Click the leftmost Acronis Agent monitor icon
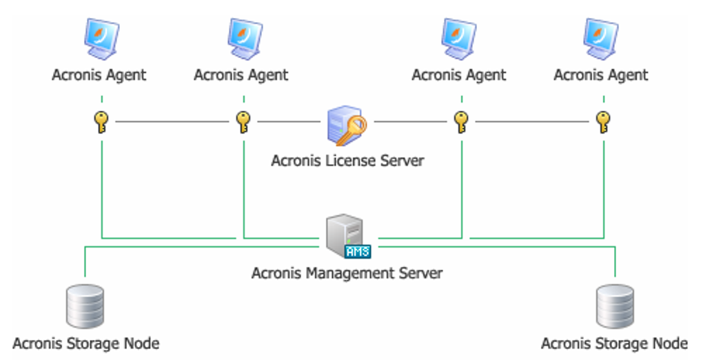pos(101,39)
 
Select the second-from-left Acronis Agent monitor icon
pos(243,39)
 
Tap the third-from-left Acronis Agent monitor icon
pos(460,39)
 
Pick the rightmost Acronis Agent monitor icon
pos(602,39)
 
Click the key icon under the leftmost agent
pos(101,122)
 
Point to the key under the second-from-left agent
pos(243,122)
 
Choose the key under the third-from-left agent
pos(461,122)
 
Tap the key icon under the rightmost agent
pos(603,122)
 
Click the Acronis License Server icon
pos(347,126)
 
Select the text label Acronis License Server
pos(347,161)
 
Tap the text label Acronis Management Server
pos(347,273)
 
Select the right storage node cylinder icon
pos(614,306)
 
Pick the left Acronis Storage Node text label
pos(86,343)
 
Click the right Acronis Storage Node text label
pos(614,343)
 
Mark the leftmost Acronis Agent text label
pos(99,74)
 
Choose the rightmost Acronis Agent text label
pos(601,74)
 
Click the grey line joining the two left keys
pos(172,123)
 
